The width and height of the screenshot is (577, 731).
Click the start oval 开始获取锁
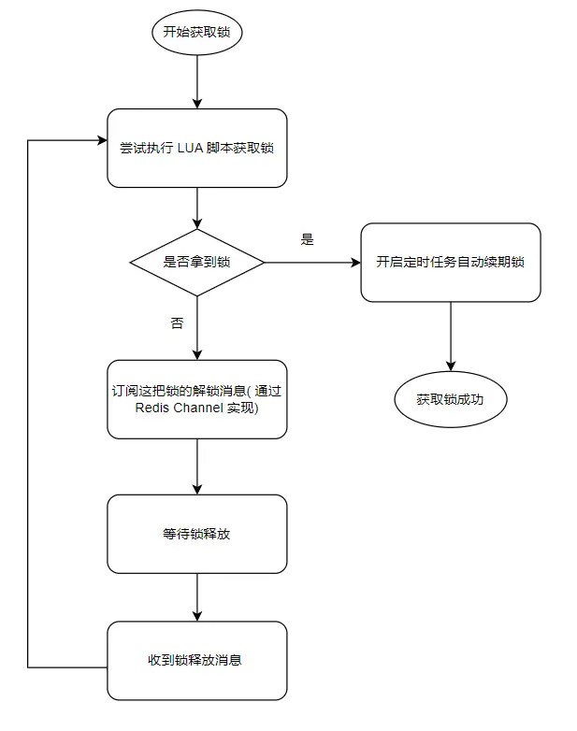(196, 33)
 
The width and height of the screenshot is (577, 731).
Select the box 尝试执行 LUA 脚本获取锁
(196, 148)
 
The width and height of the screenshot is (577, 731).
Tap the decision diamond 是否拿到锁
(196, 263)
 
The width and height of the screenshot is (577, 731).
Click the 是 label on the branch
(307, 239)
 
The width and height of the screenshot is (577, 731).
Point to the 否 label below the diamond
(178, 323)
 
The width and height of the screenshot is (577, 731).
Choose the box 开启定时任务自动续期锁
(450, 263)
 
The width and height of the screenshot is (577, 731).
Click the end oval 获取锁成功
(450, 400)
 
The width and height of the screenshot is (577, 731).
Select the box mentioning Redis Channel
(196, 399)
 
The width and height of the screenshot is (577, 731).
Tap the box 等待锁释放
(196, 534)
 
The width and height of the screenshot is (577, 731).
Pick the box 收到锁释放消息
(196, 660)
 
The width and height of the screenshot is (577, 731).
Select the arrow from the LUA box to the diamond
(196, 208)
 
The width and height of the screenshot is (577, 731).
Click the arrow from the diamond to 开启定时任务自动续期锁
(311, 263)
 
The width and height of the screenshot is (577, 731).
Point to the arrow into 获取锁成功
(450, 337)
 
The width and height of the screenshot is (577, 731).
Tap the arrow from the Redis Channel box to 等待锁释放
(196, 466)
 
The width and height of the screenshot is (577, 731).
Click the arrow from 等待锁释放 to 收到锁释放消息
(196, 596)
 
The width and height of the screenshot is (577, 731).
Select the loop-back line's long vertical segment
(28, 402)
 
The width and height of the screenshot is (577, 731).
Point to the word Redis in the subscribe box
(153, 408)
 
